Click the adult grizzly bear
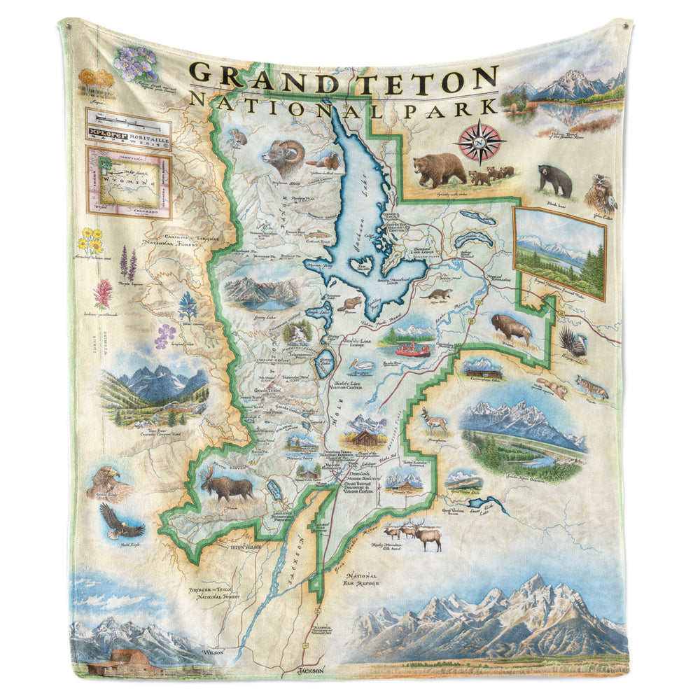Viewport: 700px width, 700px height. [439, 169]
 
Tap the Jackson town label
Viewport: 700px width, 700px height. [311, 670]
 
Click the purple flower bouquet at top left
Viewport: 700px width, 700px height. [136, 63]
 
